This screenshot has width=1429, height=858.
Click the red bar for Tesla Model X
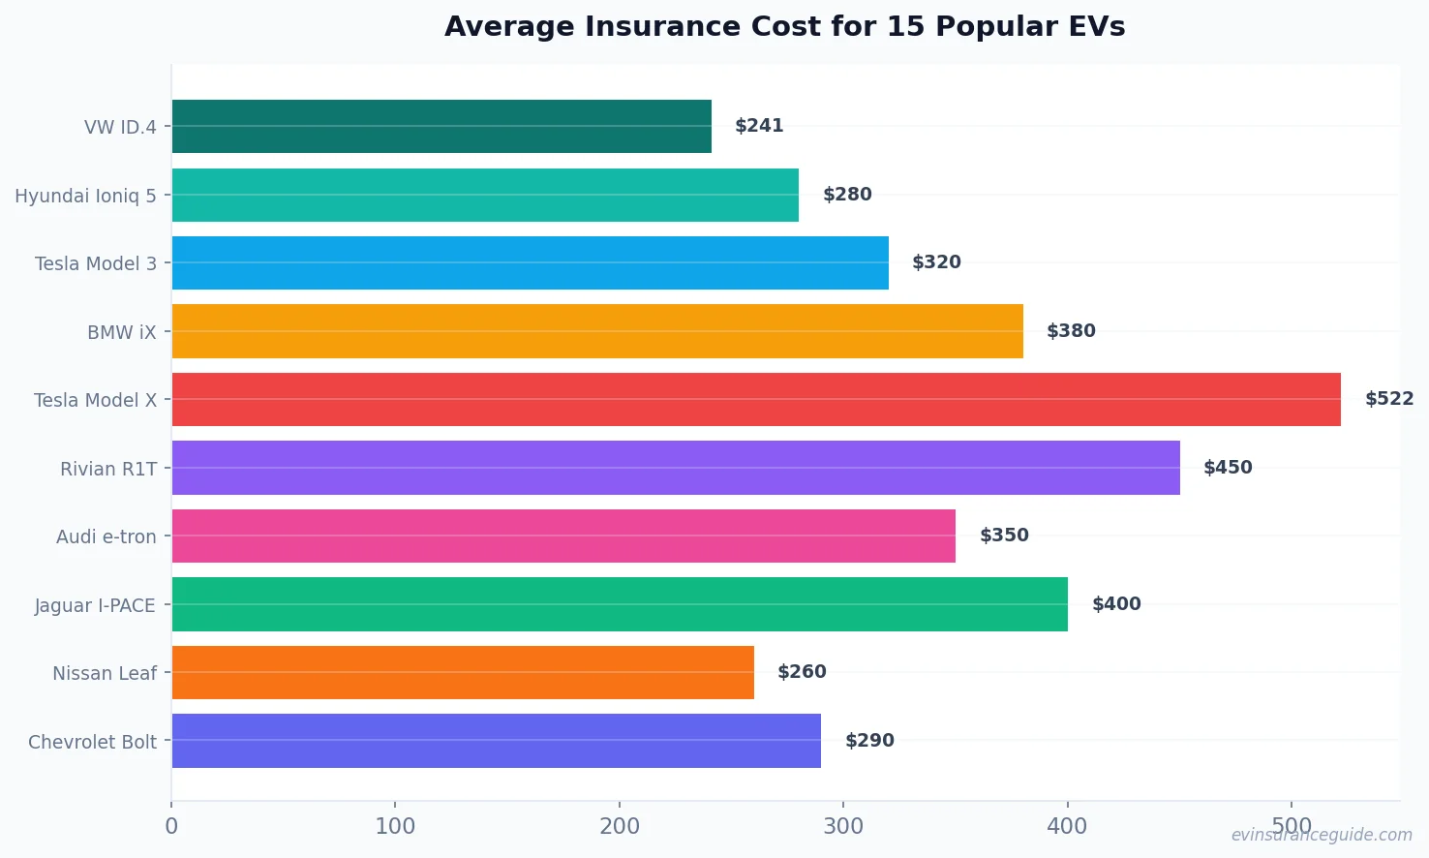[x=756, y=399]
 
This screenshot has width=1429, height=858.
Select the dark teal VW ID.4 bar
[x=441, y=126]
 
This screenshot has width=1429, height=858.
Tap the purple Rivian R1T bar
[x=676, y=468]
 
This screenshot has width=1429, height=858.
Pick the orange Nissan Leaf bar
[x=463, y=672]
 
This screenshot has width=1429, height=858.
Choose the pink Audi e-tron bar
[x=563, y=536]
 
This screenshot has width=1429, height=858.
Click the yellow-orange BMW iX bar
[x=597, y=331]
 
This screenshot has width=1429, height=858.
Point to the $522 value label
[x=1389, y=399]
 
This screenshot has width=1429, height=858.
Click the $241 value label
[x=759, y=126]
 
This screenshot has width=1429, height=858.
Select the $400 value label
[x=1116, y=604]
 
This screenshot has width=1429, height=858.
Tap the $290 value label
[x=869, y=741]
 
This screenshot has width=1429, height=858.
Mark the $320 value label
[x=936, y=262]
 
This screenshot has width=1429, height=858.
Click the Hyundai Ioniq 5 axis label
[x=85, y=196]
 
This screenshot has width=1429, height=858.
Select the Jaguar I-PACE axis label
[x=95, y=605]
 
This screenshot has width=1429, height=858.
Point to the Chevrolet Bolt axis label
[x=92, y=742]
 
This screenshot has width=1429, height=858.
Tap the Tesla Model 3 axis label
[x=95, y=263]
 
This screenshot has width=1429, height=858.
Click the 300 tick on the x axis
[x=843, y=826]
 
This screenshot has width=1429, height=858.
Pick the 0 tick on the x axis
[x=171, y=826]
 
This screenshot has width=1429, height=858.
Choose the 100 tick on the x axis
[x=395, y=826]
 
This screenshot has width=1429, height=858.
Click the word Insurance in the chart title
[x=662, y=27]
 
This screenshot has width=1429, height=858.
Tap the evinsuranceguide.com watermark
[x=1322, y=835]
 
